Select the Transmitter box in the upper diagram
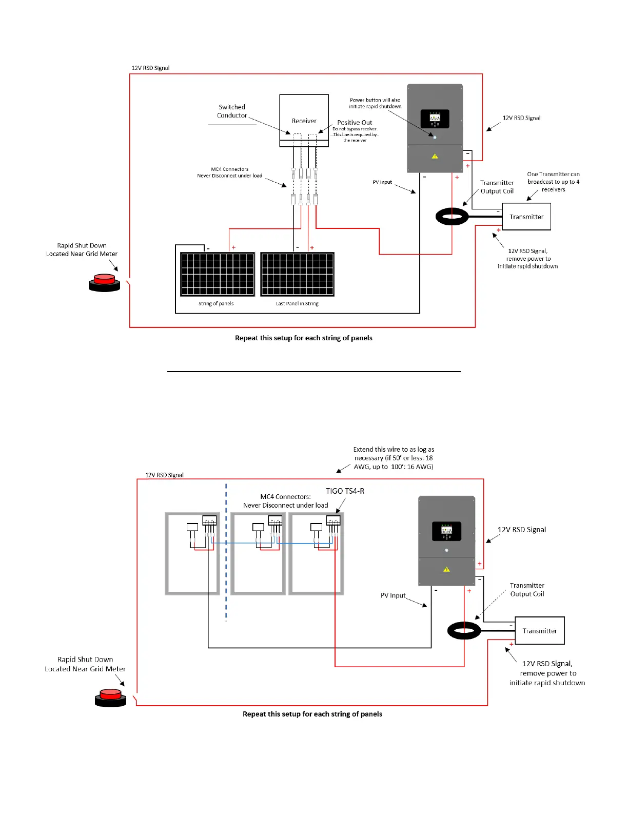(x=526, y=217)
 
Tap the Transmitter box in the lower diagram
(x=539, y=631)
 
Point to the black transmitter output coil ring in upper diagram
(x=452, y=217)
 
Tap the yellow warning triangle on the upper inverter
(x=435, y=156)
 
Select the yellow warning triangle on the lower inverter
(x=446, y=569)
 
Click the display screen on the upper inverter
(x=435, y=119)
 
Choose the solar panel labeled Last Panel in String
(x=298, y=274)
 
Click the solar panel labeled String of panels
(x=218, y=274)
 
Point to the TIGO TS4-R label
(x=345, y=491)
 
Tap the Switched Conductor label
(x=232, y=111)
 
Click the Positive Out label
(x=355, y=123)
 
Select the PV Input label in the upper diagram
(x=382, y=182)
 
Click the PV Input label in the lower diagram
(x=393, y=595)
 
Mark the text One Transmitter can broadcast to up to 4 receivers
(x=553, y=182)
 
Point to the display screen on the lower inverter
(x=446, y=531)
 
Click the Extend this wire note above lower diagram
(x=394, y=458)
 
